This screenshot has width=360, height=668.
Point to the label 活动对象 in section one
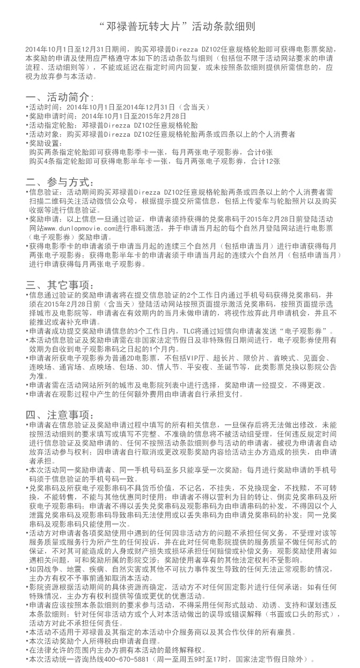pyautogui.click(x=43, y=134)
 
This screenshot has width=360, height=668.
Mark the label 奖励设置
pyautogui.click(x=43, y=143)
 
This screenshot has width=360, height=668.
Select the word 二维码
pyautogui.click(x=50, y=201)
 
